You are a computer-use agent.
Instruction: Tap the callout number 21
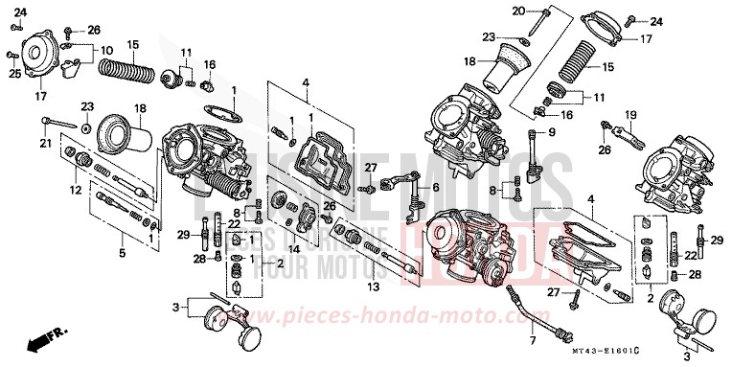pyautogui.click(x=43, y=144)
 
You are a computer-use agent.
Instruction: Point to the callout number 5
pyautogui.click(x=122, y=253)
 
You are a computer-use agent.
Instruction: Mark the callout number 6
pyautogui.click(x=434, y=188)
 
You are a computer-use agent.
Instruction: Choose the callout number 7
pyautogui.click(x=531, y=341)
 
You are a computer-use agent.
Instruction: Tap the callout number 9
pyautogui.click(x=552, y=130)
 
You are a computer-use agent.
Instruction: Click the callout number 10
pyautogui.click(x=105, y=50)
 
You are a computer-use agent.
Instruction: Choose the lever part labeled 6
pyautogui.click(x=408, y=186)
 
